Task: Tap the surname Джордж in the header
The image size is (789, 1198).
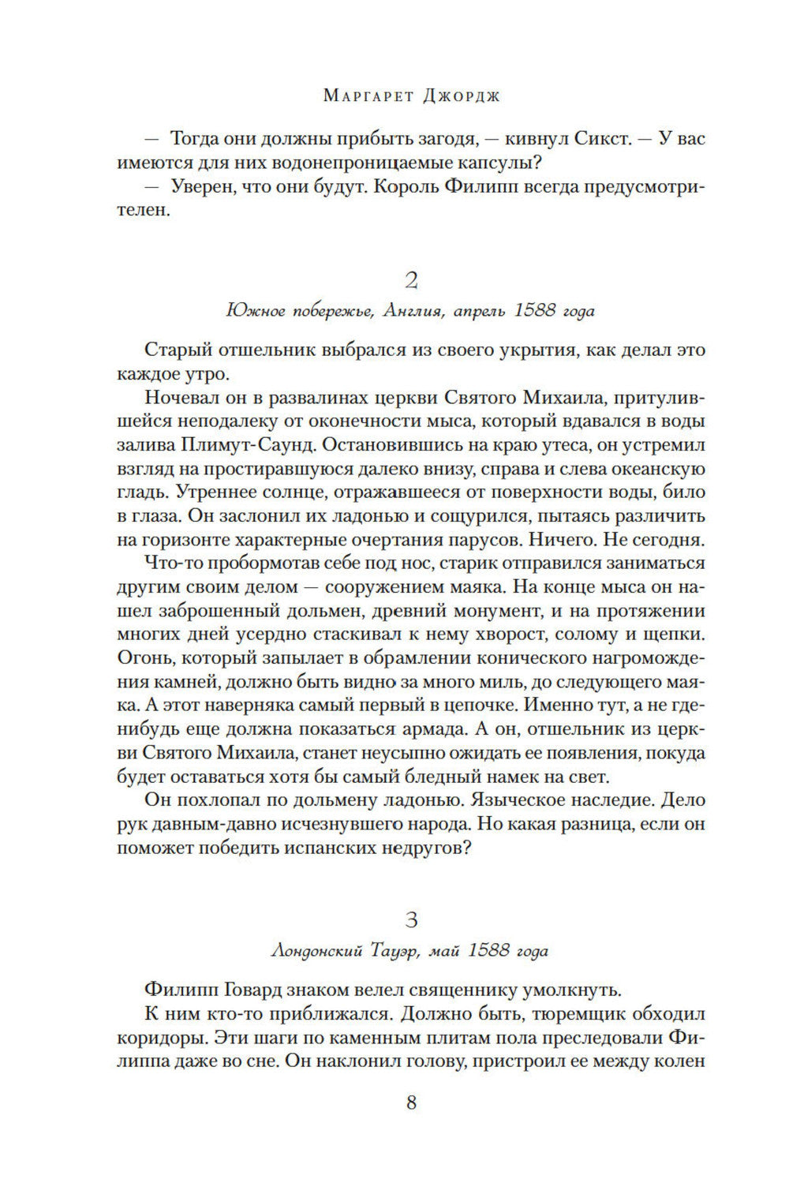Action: pos(455,96)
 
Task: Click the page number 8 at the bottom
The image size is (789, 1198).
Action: pos(410,1103)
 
